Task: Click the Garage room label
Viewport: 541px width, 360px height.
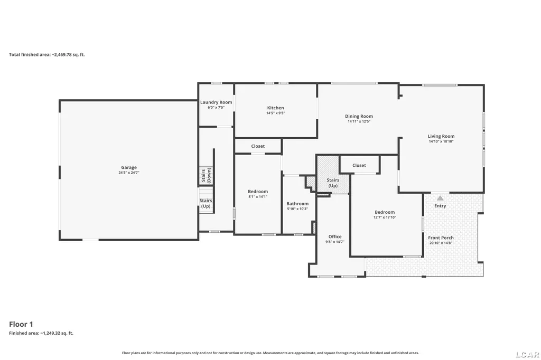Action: [x=129, y=167]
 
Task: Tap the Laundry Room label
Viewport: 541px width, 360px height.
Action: [x=216, y=102]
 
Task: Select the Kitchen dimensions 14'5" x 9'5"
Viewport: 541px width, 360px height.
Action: [x=275, y=113]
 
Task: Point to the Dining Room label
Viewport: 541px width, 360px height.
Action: [x=359, y=116]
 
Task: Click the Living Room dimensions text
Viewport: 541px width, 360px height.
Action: [x=441, y=141]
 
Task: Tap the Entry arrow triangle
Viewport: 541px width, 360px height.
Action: [x=440, y=198]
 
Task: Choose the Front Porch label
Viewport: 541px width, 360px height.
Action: [x=441, y=238]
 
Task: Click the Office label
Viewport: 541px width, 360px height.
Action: [x=334, y=236]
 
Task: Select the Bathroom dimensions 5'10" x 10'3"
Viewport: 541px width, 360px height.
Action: [x=297, y=209]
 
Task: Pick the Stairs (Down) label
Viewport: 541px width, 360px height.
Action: [x=206, y=176]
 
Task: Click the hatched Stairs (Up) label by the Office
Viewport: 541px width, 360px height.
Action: [x=333, y=183]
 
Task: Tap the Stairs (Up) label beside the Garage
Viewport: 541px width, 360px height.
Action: [x=206, y=203]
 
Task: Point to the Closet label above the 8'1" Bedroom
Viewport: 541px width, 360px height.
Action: [x=258, y=146]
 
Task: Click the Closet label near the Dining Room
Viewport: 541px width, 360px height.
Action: [x=359, y=166]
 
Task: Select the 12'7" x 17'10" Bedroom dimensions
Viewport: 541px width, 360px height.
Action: [x=385, y=217]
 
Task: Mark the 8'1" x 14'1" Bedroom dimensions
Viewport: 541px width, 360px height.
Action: [x=258, y=197]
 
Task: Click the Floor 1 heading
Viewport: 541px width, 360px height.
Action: [x=21, y=324]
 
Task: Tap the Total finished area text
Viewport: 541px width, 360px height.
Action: [x=46, y=54]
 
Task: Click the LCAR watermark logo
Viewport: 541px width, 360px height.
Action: [x=528, y=354]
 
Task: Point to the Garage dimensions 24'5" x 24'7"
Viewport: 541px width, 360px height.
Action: [x=129, y=173]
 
